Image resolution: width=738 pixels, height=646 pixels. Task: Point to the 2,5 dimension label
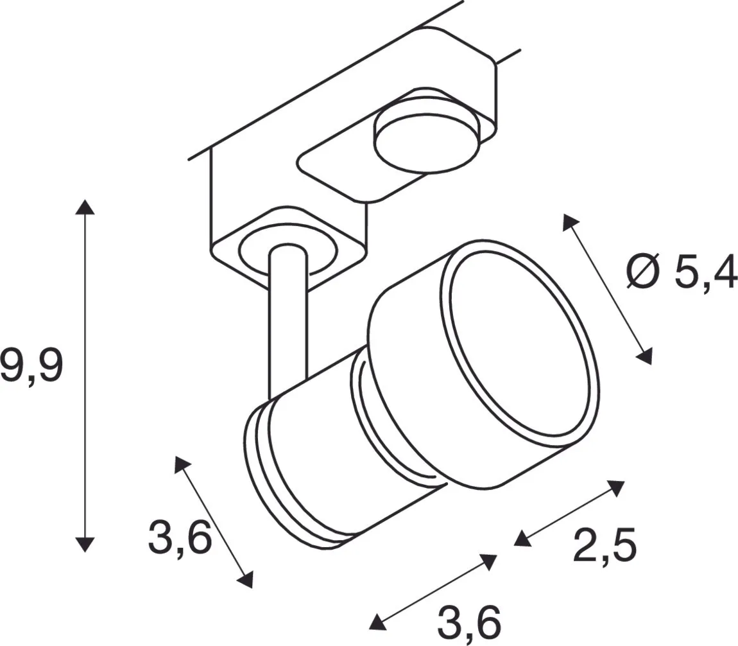tap(605, 545)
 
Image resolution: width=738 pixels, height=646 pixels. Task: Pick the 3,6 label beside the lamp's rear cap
tap(180, 537)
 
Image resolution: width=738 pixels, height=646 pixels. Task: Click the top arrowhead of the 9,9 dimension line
tap(85, 207)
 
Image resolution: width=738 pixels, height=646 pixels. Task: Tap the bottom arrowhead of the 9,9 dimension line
tap(85, 544)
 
